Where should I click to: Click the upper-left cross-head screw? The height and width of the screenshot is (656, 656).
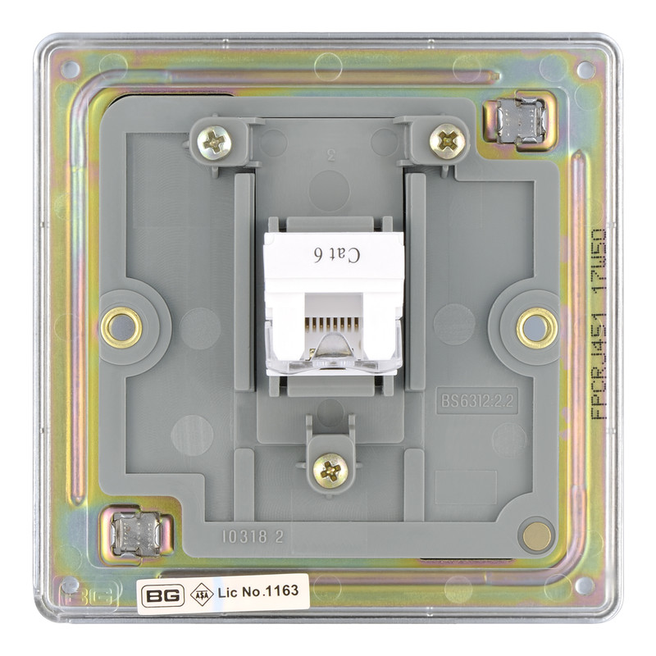coord(216,143)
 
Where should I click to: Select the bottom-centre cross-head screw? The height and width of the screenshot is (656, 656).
coord(331,470)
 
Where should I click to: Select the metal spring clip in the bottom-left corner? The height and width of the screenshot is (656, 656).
coord(134,531)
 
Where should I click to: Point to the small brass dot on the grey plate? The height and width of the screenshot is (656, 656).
coord(537,535)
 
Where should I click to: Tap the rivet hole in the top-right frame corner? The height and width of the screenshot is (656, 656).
coord(585,70)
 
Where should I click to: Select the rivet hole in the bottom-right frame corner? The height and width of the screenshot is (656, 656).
coord(584,585)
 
